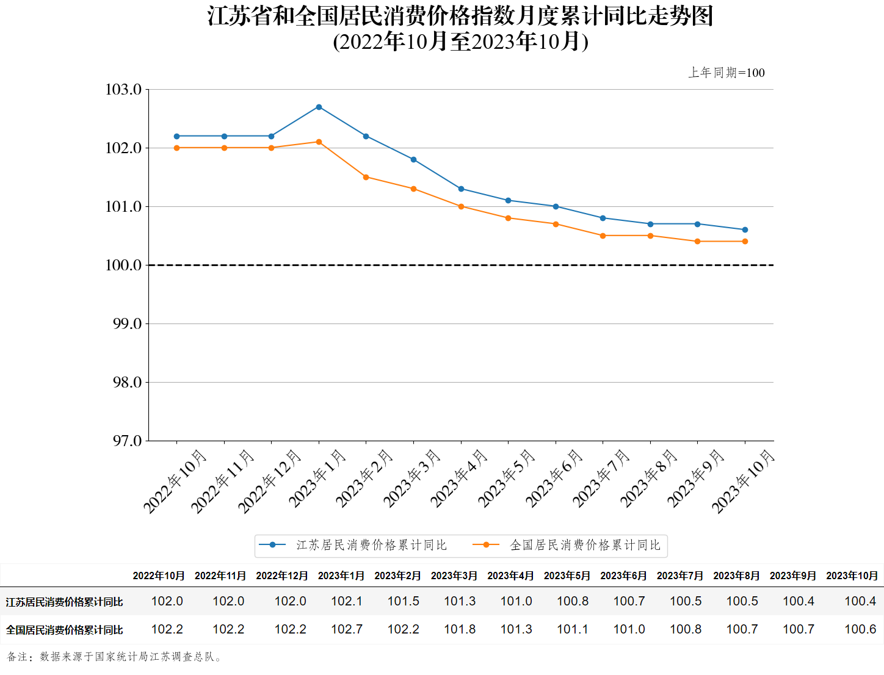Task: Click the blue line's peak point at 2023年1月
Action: coord(319,107)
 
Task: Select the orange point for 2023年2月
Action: coord(366,177)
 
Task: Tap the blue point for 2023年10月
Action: coord(745,230)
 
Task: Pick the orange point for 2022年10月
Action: coord(177,148)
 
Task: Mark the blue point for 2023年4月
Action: coord(461,189)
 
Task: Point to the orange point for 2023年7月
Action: coord(603,236)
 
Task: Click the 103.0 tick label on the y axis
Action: coord(123,90)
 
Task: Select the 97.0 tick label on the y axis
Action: coord(127,441)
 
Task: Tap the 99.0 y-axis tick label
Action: coord(127,323)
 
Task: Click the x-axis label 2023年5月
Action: coord(506,478)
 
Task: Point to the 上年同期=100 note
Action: coord(726,73)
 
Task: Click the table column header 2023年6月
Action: coord(623,576)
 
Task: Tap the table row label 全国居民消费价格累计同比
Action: coord(65,630)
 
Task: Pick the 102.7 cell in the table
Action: coord(347,629)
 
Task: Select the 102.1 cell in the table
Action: coord(347,601)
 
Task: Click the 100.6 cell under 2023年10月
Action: coord(860,629)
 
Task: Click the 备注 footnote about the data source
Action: coord(115,657)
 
